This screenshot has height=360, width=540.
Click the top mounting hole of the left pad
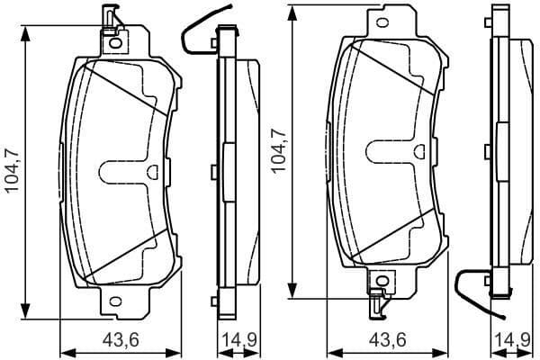click(116, 43)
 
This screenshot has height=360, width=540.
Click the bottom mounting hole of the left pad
click(116, 301)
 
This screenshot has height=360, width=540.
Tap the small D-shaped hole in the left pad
click(152, 172)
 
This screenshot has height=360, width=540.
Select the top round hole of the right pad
click(382, 23)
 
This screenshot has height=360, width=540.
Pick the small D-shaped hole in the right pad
click(419, 151)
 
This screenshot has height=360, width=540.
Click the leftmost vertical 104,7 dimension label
click(13, 170)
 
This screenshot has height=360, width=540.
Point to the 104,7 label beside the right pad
click(278, 150)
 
